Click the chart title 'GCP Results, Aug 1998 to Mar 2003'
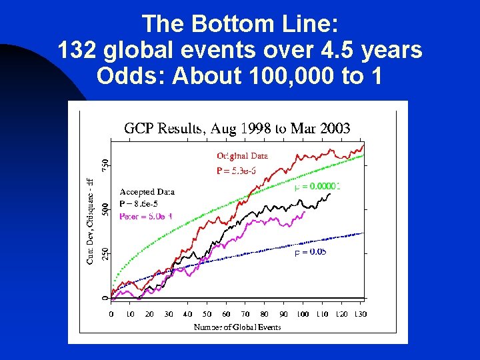tap(237, 129)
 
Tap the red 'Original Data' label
tap(242, 156)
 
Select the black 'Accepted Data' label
tap(147, 191)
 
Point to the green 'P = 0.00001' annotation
tap(317, 187)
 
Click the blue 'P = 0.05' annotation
tap(310, 252)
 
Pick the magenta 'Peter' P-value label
tap(146, 216)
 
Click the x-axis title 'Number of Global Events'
tap(237, 327)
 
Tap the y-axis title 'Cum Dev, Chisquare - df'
tap(91, 219)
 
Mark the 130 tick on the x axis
tap(360, 314)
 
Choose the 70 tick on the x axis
tap(245, 314)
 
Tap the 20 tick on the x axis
tap(149, 314)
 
